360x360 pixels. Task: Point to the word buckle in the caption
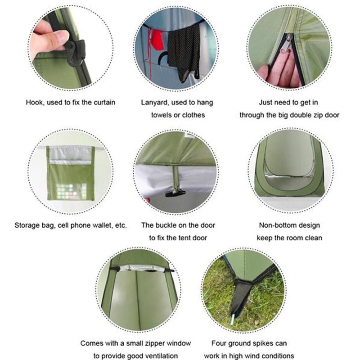tap(169, 225)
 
